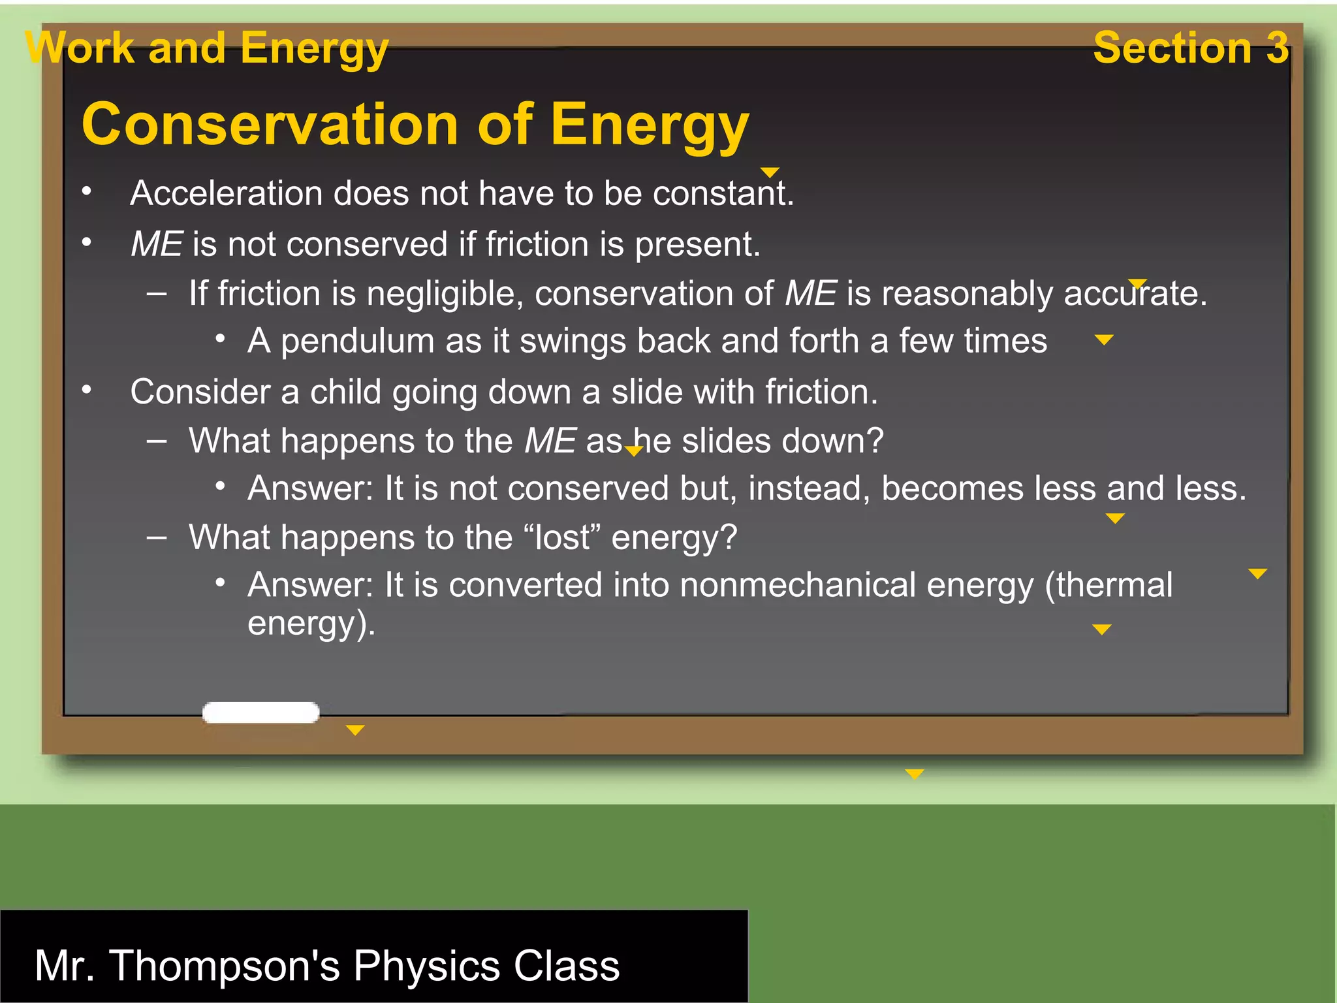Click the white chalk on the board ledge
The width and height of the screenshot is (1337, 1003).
(x=260, y=712)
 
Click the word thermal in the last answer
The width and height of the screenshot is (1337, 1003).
(x=1114, y=584)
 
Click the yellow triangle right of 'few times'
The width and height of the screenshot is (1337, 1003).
(x=1104, y=340)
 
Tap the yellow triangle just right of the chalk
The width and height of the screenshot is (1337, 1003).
(x=355, y=730)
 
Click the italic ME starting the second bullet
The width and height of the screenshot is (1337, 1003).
(x=157, y=244)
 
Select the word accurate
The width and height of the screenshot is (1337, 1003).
(x=1135, y=293)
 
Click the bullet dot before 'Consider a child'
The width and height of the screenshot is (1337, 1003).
(x=86, y=390)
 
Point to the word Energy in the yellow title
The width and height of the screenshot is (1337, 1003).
(x=649, y=125)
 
